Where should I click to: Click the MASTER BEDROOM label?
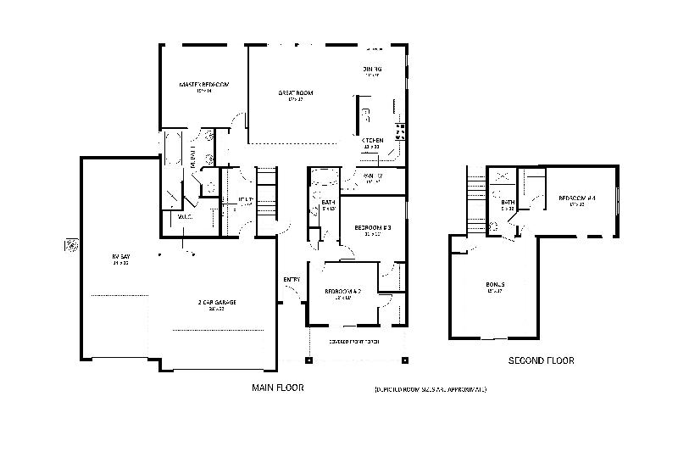203,86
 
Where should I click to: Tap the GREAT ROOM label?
294,92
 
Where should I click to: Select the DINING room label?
372,69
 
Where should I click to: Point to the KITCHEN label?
372,140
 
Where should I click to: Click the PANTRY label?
373,176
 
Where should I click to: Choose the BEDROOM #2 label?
343,293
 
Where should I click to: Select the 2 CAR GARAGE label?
209,303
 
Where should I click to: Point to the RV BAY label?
119,256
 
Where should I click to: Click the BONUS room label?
495,285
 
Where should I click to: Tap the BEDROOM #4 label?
577,199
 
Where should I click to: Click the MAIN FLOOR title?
277,388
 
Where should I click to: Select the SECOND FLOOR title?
541,360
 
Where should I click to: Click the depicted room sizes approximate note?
430,389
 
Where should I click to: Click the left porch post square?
308,360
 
